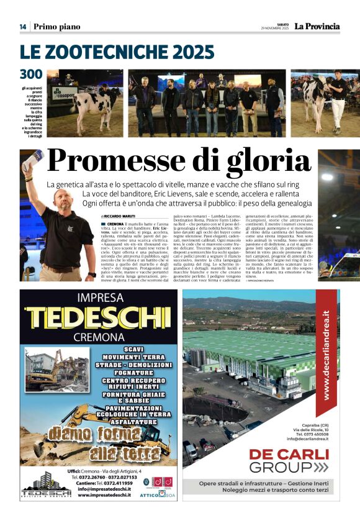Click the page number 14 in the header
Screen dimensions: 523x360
(x=23, y=27)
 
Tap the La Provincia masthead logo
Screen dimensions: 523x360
(x=317, y=26)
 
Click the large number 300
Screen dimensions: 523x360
(x=31, y=75)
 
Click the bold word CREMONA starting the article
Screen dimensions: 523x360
(x=115, y=223)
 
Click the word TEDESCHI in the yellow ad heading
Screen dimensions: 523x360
(x=99, y=317)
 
